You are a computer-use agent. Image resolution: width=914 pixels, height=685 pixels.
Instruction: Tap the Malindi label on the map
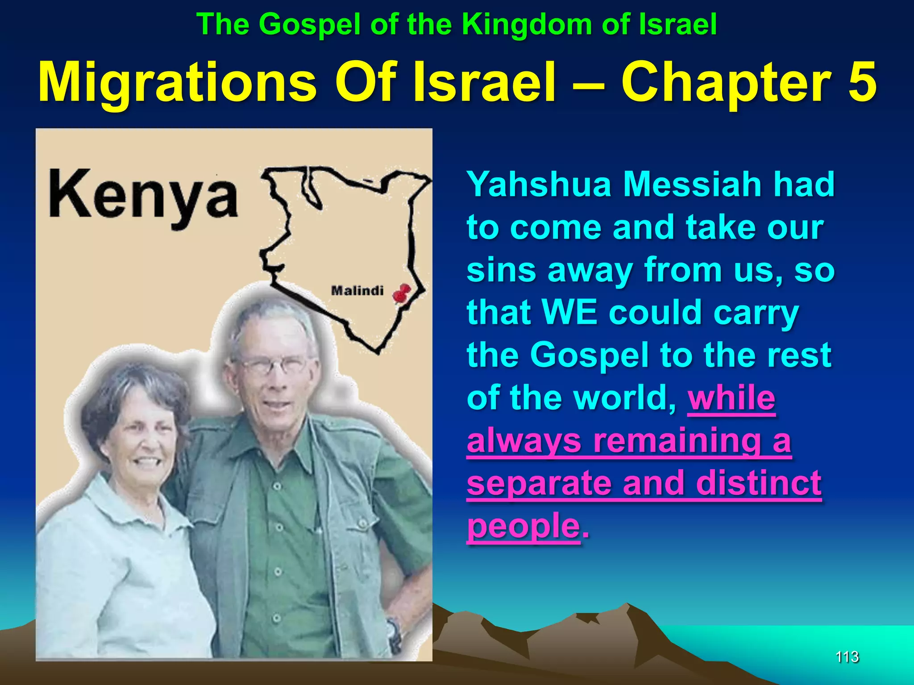(x=357, y=291)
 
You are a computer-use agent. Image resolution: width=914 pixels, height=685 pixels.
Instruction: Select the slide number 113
(x=847, y=657)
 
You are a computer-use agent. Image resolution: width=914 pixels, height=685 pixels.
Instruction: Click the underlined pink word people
(x=523, y=525)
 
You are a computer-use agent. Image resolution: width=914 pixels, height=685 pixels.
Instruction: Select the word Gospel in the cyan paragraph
(x=589, y=355)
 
